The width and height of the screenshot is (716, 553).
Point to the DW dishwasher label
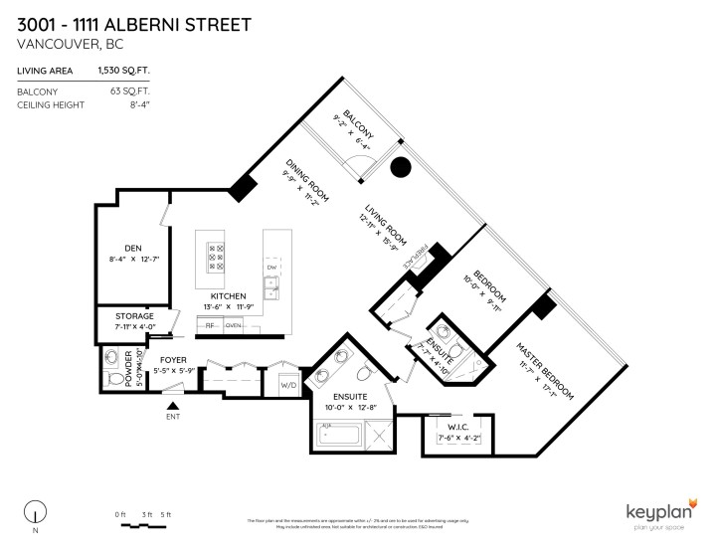(271, 269)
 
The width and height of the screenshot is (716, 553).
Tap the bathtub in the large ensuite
(340, 435)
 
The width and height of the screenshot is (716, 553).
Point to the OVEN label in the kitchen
(234, 325)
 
